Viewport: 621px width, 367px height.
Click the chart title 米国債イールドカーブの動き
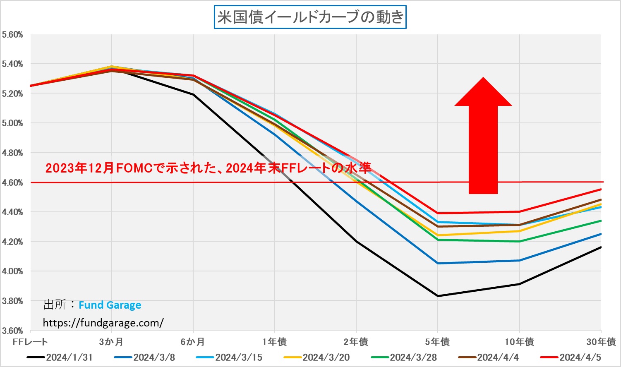tap(310, 17)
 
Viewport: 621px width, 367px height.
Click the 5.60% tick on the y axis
tap(12, 35)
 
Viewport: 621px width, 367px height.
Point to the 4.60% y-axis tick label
tap(12, 182)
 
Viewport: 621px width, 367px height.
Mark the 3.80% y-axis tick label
tap(12, 301)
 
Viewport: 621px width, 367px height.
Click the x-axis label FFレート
tap(30, 342)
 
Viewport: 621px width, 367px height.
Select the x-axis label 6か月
tap(193, 342)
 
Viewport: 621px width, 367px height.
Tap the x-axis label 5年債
tap(437, 342)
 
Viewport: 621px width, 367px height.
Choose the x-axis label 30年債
tap(601, 342)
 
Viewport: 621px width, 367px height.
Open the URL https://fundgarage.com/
tap(103, 323)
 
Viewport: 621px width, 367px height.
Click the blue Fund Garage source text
tap(110, 305)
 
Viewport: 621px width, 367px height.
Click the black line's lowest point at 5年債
tap(438, 296)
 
